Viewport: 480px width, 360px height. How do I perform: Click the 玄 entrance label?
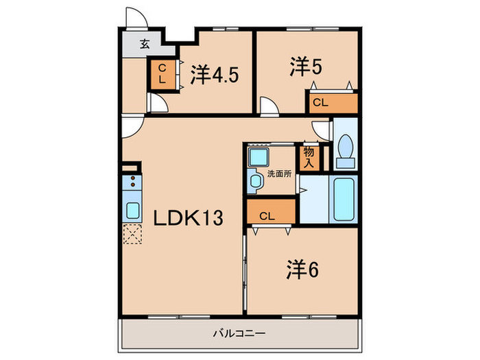[x=145, y=45]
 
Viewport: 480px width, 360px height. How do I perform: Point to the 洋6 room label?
[x=302, y=269]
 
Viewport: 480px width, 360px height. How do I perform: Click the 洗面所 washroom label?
[x=280, y=174]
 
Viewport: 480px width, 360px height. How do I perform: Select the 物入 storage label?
[x=309, y=157]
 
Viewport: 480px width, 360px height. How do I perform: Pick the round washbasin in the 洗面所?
[x=256, y=182]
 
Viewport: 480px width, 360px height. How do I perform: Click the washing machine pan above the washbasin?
[x=259, y=156]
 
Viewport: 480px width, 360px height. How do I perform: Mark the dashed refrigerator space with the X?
[x=132, y=235]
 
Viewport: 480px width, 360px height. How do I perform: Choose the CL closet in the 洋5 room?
[x=331, y=103]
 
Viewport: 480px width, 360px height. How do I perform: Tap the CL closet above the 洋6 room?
[x=270, y=215]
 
